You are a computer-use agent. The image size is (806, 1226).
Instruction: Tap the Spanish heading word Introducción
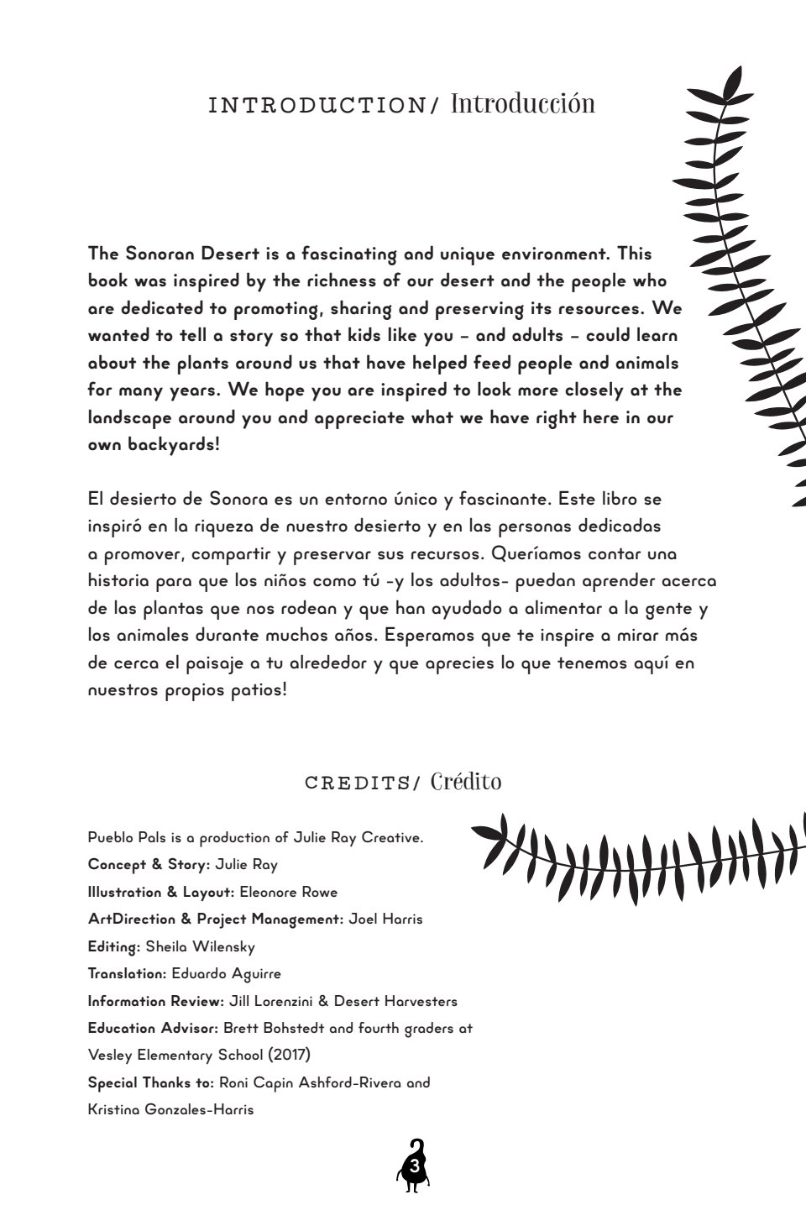tap(522, 103)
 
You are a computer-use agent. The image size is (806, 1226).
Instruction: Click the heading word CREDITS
tap(357, 783)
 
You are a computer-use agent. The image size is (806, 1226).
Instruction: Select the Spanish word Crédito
tap(466, 782)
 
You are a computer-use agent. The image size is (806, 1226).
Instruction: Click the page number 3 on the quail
tap(413, 1167)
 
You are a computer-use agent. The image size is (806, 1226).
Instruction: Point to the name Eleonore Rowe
tap(288, 892)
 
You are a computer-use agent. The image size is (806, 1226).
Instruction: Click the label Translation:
tap(128, 973)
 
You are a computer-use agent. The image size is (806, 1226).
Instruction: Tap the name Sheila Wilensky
tap(200, 946)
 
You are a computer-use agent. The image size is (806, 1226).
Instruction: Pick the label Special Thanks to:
tap(151, 1082)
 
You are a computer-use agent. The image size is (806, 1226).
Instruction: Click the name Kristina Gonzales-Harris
tap(170, 1109)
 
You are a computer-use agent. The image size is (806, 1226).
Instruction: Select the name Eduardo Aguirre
tap(226, 973)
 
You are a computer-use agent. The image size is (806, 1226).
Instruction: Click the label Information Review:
tap(156, 1001)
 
